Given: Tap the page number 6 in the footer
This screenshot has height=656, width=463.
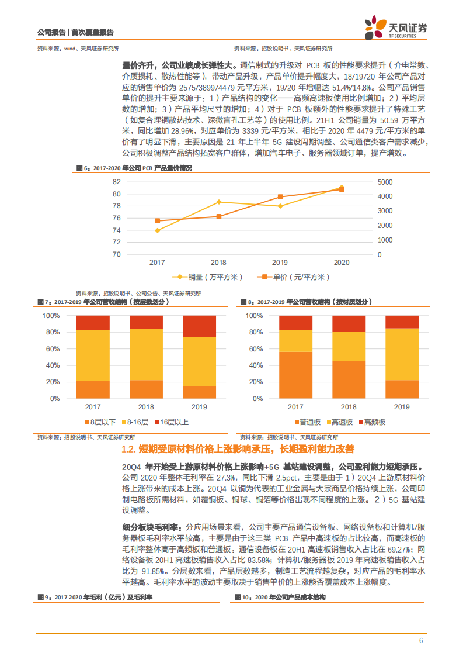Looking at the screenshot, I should (x=420, y=640).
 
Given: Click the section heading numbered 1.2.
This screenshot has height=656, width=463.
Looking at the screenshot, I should (x=237, y=449).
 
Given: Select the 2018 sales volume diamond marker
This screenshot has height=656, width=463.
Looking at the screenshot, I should (x=218, y=202).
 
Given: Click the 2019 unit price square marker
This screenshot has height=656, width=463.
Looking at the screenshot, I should (x=280, y=197).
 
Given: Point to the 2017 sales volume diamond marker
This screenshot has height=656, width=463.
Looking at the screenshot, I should (x=157, y=230).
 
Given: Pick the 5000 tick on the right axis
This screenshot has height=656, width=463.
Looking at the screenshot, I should (x=385, y=182).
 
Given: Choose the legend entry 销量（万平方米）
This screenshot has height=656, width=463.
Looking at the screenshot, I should (x=207, y=277).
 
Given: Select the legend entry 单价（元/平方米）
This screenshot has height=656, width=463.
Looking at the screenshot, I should (x=295, y=277).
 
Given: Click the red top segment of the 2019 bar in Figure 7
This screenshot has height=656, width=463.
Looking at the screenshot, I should (x=199, y=326).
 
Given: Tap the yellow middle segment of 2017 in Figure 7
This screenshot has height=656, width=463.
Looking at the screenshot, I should (x=93, y=355).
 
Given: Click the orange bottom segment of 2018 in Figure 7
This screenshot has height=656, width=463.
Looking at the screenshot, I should (x=146, y=389).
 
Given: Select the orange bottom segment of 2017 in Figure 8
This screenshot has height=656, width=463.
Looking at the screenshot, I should (x=295, y=375).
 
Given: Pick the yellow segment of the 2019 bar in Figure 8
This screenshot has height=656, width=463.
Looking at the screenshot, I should (x=402, y=354).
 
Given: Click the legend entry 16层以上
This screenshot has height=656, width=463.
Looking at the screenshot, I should (x=172, y=422).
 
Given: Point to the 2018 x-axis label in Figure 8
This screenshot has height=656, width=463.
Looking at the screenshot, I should (x=349, y=406).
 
